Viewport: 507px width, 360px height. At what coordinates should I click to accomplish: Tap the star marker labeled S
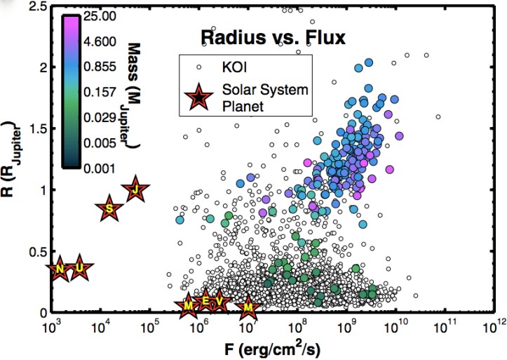coord(109,208)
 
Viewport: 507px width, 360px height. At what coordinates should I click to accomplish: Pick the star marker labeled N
coord(60,269)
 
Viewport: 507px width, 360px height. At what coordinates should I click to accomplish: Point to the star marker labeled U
coord(81,269)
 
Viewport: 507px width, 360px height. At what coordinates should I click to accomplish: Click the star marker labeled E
coord(205,301)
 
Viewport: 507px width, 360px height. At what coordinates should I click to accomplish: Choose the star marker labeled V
coord(220,301)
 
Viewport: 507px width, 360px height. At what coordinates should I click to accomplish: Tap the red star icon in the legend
coord(198,97)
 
